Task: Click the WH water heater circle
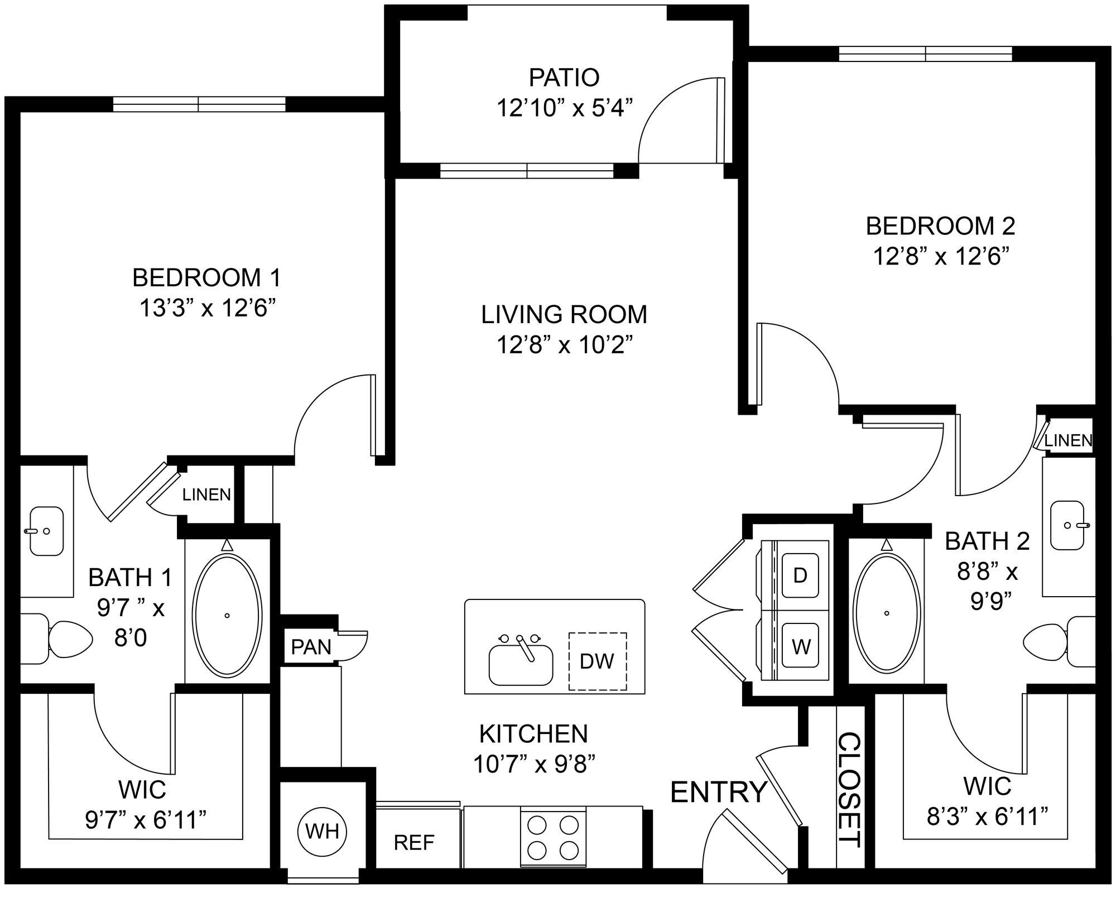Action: (323, 832)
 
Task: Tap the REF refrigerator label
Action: (414, 842)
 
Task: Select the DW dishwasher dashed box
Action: (597, 661)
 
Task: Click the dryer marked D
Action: (800, 575)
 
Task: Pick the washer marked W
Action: (801, 647)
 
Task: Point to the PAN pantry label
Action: (311, 647)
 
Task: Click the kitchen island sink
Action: (521, 664)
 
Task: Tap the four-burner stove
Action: (553, 837)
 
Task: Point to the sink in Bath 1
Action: (46, 531)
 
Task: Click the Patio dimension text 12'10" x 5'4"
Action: (565, 108)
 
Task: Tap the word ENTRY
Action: (719, 791)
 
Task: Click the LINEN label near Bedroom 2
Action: (1068, 440)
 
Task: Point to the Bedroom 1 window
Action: (199, 104)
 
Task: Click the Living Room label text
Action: (564, 315)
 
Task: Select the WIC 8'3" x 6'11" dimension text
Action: (987, 817)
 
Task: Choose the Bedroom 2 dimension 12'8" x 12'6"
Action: (940, 257)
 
